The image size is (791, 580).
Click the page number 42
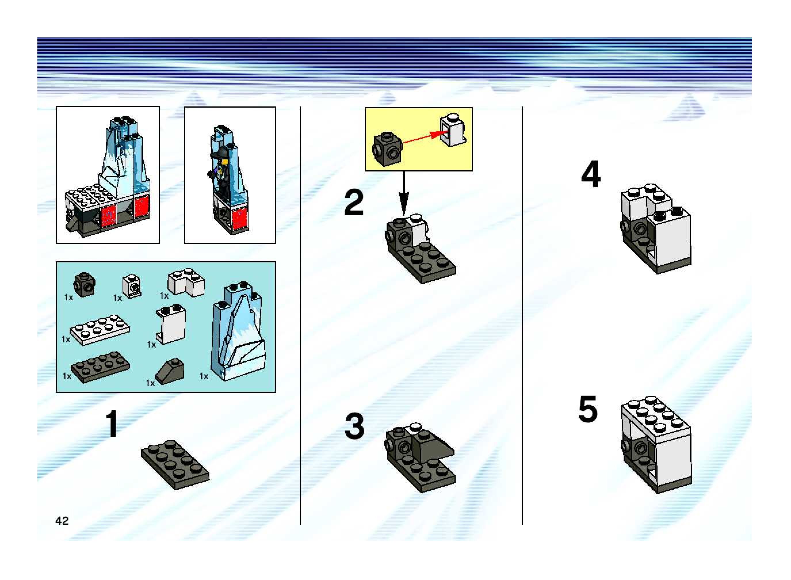coord(62,521)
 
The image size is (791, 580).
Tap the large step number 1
coord(112,424)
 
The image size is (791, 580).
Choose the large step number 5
coord(588,409)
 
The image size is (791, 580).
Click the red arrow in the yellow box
coord(423,137)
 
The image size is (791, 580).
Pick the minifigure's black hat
coord(220,153)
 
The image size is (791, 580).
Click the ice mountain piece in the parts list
coord(238,331)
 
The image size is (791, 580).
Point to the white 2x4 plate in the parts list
coord(100,330)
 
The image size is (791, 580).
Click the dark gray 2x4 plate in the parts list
coord(100,367)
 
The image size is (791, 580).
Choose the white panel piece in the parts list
coord(171,324)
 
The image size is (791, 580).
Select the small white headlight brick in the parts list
coord(132,286)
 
